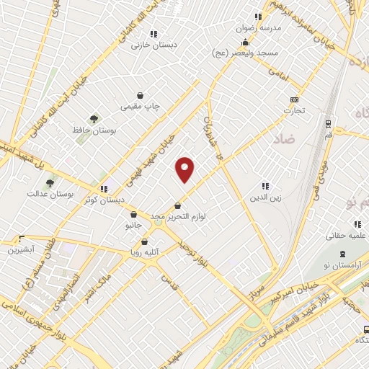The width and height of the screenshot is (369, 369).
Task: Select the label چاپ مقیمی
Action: pos(139,107)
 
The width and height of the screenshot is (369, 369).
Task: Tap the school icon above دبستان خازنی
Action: pos(153,33)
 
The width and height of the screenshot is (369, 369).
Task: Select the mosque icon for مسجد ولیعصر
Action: pos(244,42)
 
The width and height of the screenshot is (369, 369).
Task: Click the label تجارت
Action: pos(293,111)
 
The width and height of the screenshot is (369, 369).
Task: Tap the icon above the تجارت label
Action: pos(293,99)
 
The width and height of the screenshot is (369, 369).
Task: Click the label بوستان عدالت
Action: pos(47,194)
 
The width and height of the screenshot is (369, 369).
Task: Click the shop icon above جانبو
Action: pos(133,214)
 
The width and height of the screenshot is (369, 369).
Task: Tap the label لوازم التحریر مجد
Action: pos(178,216)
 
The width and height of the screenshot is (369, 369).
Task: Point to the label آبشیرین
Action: pos(21,250)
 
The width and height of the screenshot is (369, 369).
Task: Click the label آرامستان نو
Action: pos(342,266)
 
